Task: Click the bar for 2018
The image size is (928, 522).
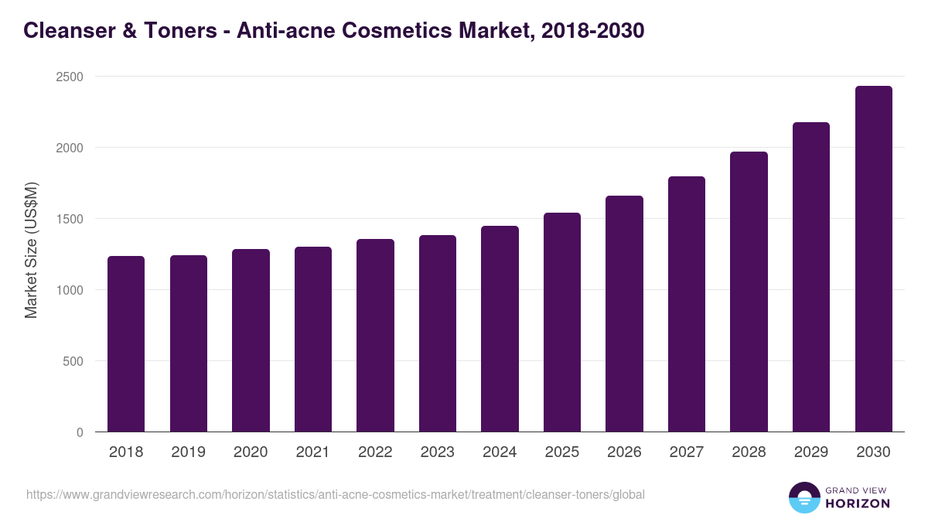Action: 126,344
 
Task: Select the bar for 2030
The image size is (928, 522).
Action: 873,259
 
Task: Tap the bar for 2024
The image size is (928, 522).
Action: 500,329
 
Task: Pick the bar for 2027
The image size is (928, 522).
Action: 687,304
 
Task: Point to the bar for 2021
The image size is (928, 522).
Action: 313,339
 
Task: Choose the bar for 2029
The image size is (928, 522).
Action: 811,277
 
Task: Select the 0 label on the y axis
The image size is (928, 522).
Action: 79,432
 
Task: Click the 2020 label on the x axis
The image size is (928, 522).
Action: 251,452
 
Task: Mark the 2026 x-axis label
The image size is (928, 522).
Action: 624,452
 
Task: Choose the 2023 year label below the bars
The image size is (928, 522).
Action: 438,452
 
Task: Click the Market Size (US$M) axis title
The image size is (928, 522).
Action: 31,249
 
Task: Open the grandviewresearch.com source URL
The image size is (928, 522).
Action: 335,494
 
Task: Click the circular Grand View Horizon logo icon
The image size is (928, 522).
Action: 803,497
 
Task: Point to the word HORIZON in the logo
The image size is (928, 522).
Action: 857,503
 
